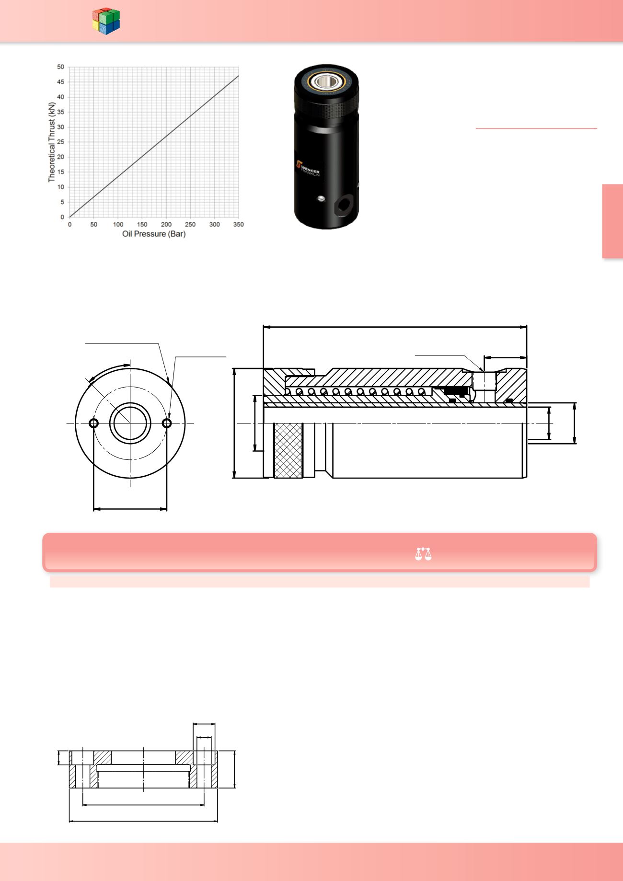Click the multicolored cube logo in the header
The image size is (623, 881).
[x=106, y=21]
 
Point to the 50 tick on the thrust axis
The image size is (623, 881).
[x=60, y=67]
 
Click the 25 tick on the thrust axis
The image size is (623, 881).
[x=60, y=142]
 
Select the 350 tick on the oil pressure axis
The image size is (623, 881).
[x=238, y=224]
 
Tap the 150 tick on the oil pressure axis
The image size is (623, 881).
[x=142, y=224]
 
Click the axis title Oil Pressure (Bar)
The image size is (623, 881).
[x=154, y=234]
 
